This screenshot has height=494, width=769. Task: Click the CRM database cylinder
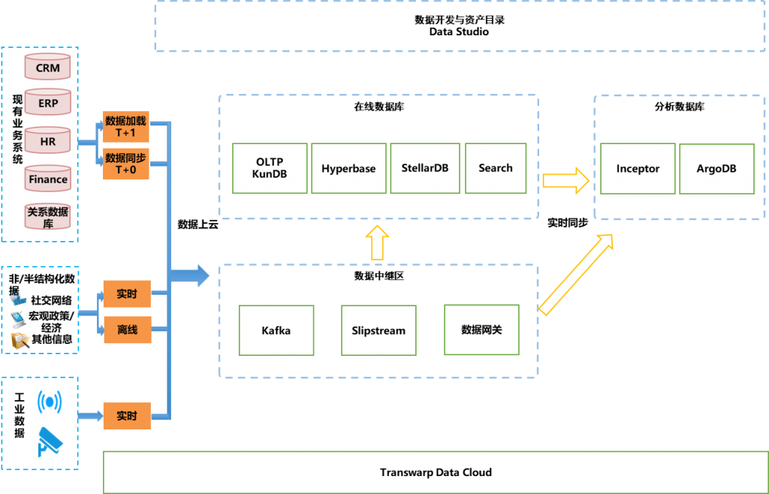click(x=48, y=67)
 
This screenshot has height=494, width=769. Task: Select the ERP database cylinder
click(x=48, y=103)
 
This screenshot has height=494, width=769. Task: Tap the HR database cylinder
click(x=48, y=140)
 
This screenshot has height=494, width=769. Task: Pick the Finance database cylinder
click(x=48, y=179)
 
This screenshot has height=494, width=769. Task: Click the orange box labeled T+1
click(x=126, y=127)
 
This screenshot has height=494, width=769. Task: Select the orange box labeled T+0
click(x=126, y=164)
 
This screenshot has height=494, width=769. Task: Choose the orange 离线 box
click(x=126, y=330)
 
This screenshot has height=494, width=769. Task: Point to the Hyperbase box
click(x=348, y=168)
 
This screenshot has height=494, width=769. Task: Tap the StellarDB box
click(x=425, y=168)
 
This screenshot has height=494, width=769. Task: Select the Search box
click(x=496, y=168)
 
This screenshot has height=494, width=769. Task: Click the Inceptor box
click(x=638, y=168)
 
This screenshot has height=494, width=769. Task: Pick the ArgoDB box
click(x=716, y=168)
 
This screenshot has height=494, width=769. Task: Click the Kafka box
click(x=276, y=330)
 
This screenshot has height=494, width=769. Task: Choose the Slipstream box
click(x=378, y=330)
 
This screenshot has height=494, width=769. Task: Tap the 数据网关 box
click(x=481, y=330)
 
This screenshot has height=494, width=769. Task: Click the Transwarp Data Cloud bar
click(x=436, y=472)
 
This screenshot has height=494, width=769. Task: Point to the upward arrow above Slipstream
click(x=377, y=242)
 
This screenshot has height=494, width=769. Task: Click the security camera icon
click(x=50, y=441)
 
